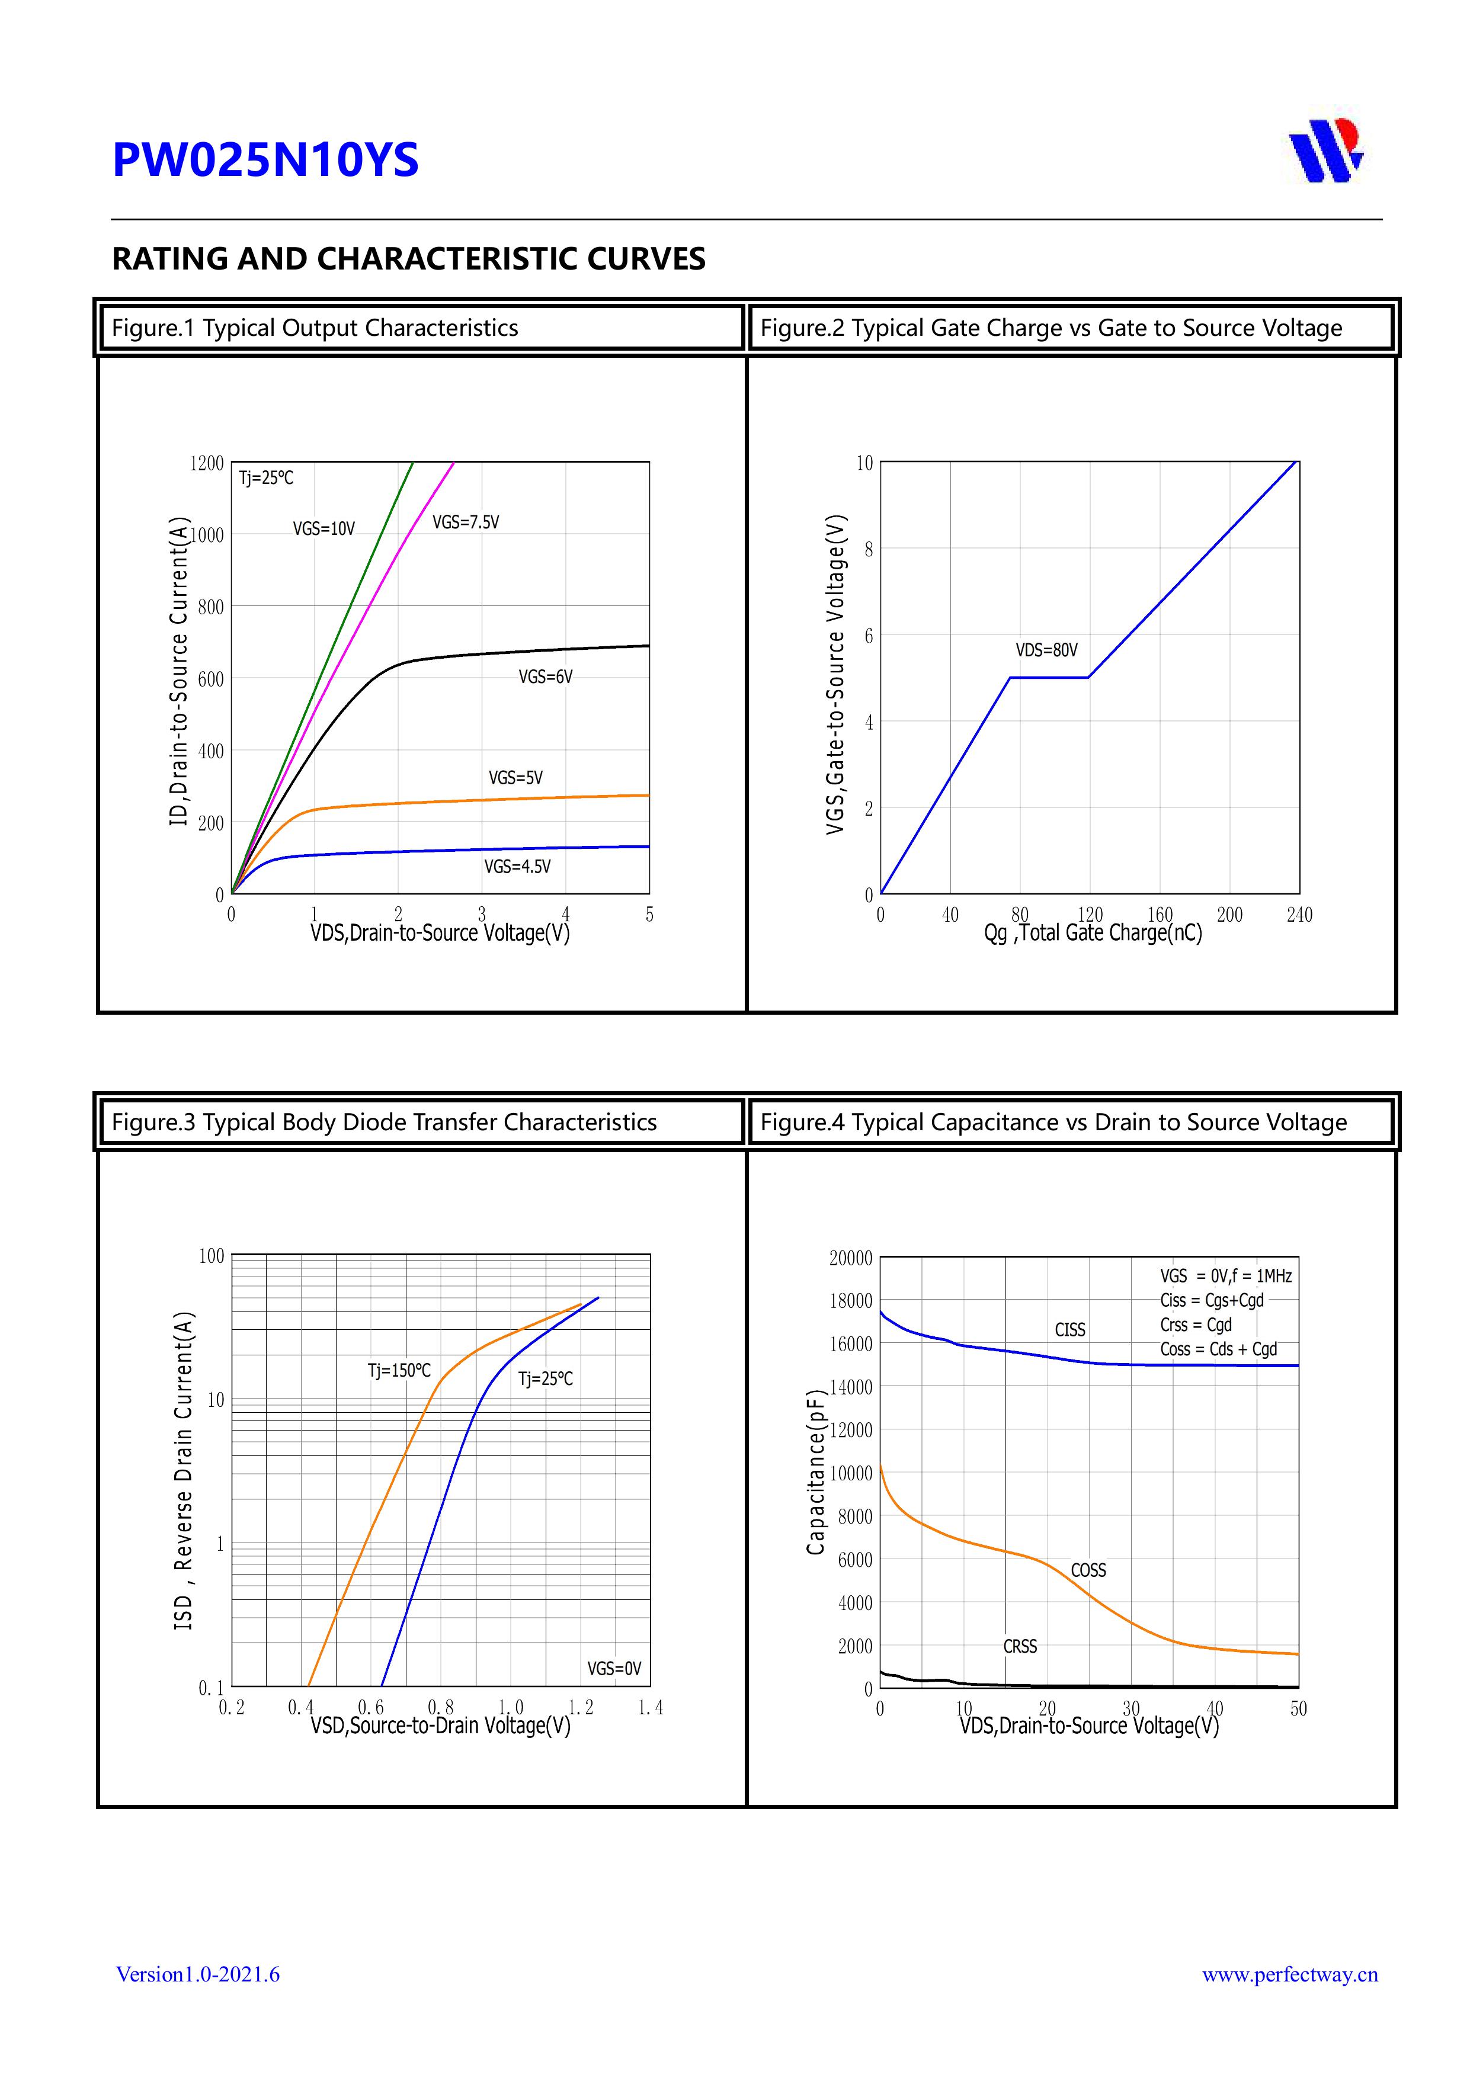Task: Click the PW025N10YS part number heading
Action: tap(265, 160)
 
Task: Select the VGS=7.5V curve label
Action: tap(465, 522)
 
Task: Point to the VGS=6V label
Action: tap(545, 677)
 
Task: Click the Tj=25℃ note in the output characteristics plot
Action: tap(266, 478)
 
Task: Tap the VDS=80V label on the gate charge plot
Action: tap(1046, 650)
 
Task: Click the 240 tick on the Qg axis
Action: tap(1299, 915)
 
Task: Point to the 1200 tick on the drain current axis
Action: tap(206, 463)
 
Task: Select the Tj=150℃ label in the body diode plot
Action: tap(399, 1370)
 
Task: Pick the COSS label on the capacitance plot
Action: tap(1088, 1570)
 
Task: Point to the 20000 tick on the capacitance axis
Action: tap(851, 1258)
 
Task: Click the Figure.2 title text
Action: tap(1051, 328)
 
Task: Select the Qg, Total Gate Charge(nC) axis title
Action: tap(1093, 933)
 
